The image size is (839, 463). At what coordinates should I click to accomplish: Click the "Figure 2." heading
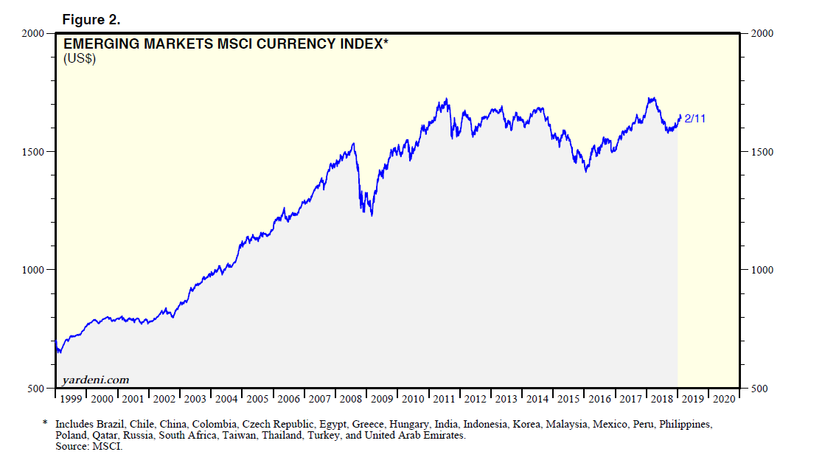coord(91,19)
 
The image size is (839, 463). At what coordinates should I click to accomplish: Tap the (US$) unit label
coord(80,59)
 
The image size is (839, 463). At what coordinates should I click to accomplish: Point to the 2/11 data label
coord(695,118)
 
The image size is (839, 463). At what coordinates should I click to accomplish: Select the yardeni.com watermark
coord(95,380)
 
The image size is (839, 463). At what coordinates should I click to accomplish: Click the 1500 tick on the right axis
coord(762,152)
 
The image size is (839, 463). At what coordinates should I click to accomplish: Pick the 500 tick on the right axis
coord(759,388)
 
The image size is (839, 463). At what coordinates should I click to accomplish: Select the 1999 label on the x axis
coord(71,399)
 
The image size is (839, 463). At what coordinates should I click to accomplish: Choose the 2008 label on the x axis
coord(351,399)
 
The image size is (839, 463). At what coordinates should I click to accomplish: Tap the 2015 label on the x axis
coord(568,399)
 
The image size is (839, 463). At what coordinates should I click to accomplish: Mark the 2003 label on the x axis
coord(195,399)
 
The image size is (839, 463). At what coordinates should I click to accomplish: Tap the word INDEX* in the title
coord(361,44)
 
